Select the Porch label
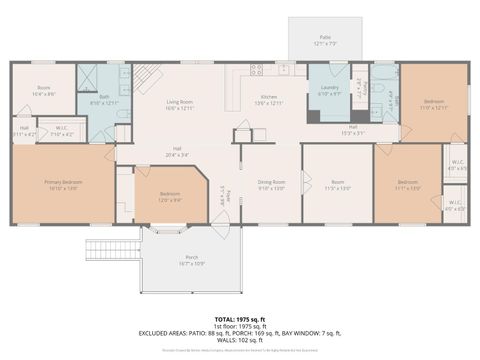pyautogui.click(x=191, y=260)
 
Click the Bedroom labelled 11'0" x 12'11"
pyautogui.click(x=434, y=104)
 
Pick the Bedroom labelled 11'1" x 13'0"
pyautogui.click(x=406, y=184)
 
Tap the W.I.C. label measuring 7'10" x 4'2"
pyautogui.click(x=62, y=130)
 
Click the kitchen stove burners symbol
pyautogui.click(x=259, y=72)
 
